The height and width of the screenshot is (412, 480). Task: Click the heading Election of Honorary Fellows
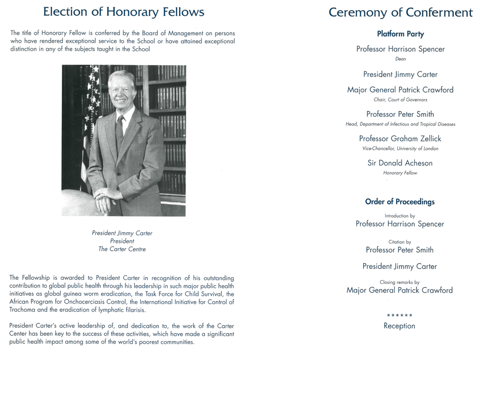123,12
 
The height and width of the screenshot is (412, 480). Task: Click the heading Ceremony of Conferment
400,12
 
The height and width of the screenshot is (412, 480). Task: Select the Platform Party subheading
400,34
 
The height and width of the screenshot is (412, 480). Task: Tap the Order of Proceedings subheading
399,202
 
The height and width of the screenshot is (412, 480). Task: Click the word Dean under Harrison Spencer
400,59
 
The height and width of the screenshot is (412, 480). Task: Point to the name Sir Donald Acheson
400,163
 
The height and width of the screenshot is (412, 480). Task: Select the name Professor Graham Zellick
400,139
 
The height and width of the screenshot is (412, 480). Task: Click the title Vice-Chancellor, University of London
400,148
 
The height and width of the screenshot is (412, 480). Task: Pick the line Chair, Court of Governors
400,100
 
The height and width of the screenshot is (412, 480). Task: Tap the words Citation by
399,242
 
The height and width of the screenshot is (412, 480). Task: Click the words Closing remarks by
399,282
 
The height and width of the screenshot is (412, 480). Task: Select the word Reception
399,326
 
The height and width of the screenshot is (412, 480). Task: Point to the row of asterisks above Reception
399,315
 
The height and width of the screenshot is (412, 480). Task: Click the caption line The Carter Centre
122,249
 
